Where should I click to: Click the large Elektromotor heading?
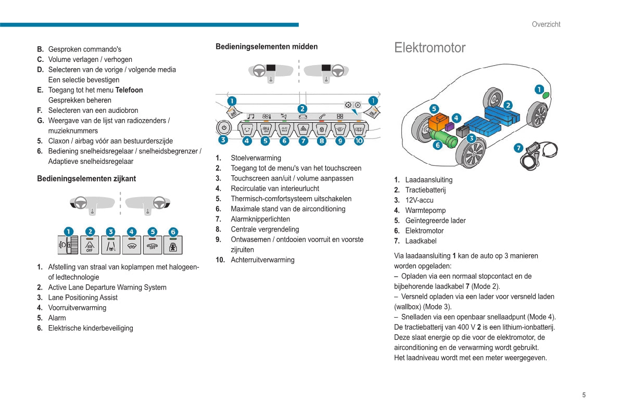(x=429, y=48)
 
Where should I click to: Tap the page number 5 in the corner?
(x=584, y=395)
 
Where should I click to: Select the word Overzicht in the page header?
(x=546, y=24)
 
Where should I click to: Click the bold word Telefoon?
(x=129, y=90)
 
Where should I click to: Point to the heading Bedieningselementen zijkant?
(x=86, y=178)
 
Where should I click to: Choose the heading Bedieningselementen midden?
(x=267, y=47)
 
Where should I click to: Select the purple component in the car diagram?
(x=450, y=126)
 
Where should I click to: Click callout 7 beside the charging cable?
(x=518, y=148)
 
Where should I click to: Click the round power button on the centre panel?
(x=224, y=127)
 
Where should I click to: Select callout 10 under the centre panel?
(x=359, y=140)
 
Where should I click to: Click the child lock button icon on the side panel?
(x=173, y=246)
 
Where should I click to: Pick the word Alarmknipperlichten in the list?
(x=260, y=219)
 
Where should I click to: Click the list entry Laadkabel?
(x=421, y=241)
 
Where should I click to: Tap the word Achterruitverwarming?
(x=262, y=260)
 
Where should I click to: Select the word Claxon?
(x=60, y=141)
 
